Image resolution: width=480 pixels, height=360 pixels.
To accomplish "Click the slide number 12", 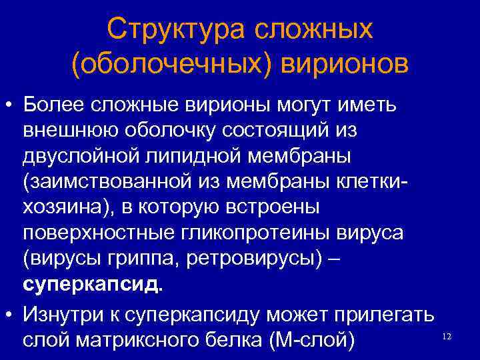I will (x=447, y=337).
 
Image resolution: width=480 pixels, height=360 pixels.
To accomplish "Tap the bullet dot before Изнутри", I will (x=9, y=311).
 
